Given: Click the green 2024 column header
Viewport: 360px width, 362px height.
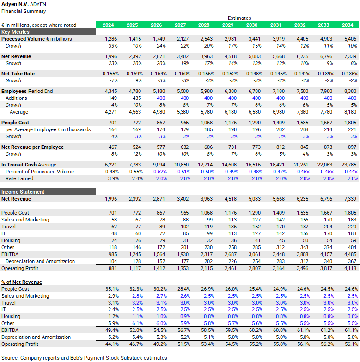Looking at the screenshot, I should (x=108, y=25).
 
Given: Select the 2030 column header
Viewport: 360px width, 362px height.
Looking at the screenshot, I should (x=252, y=25).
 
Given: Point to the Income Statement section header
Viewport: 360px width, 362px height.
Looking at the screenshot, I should (x=23, y=192).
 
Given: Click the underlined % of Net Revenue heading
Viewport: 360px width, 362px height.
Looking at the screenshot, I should (x=22, y=282).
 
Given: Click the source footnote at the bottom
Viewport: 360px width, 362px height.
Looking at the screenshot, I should (x=84, y=358).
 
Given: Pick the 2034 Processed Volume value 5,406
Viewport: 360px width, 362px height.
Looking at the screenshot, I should (x=349, y=39).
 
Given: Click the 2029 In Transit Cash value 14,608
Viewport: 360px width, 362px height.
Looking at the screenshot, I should (x=227, y=165).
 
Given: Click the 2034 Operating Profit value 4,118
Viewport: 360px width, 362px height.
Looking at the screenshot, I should (x=349, y=268).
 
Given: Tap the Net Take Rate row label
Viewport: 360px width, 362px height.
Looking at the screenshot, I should (x=18, y=74).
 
